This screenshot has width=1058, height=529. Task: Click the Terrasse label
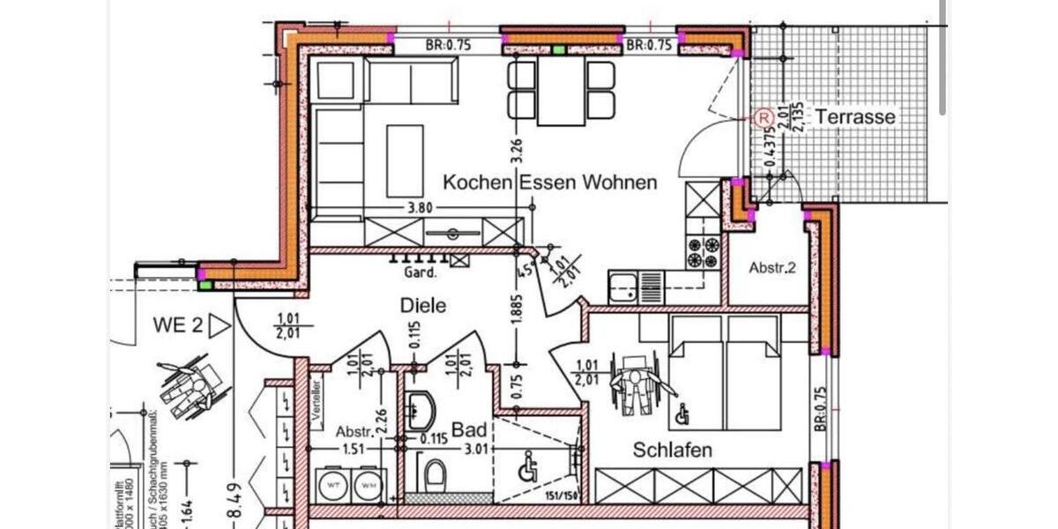click(x=854, y=116)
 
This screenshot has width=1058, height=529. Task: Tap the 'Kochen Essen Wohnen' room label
click(x=549, y=183)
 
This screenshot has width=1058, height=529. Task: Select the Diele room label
click(x=423, y=306)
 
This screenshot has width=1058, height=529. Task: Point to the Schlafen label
click(x=673, y=450)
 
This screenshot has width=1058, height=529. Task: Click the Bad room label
click(x=469, y=430)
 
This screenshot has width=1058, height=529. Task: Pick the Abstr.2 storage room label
click(x=772, y=268)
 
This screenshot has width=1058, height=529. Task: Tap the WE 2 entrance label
click(x=179, y=325)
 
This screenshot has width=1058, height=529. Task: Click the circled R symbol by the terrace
click(x=763, y=116)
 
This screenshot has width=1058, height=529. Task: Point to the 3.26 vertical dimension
click(x=518, y=149)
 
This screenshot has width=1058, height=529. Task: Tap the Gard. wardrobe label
click(x=421, y=273)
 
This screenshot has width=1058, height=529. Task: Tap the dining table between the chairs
click(x=562, y=91)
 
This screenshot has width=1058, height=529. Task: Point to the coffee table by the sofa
click(x=405, y=160)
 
